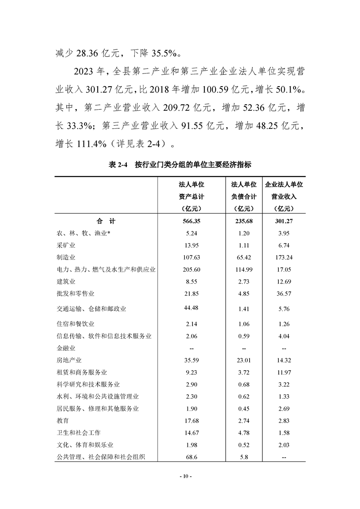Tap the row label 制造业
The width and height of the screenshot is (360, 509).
65,257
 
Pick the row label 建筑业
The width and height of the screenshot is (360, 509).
65,281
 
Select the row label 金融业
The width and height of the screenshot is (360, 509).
65,348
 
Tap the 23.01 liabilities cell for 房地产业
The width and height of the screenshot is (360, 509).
244,361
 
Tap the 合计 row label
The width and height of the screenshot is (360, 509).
105,221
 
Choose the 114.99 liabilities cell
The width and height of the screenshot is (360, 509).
244,269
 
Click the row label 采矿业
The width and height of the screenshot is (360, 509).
65,245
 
